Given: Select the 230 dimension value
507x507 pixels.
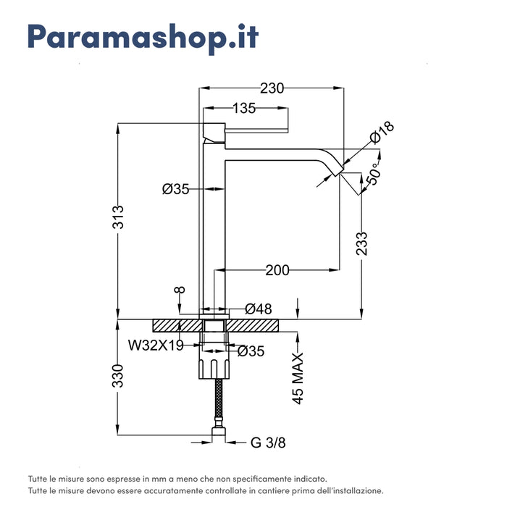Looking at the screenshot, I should coord(272,88).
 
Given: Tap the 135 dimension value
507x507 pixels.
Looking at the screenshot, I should coord(244,109).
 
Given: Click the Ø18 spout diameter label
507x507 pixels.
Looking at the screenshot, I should coord(381,133).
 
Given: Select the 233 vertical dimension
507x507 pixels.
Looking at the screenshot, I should coord(362,243).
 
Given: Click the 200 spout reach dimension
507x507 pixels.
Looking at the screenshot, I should coord(277,270).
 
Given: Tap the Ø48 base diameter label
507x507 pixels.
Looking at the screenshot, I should coord(259,309).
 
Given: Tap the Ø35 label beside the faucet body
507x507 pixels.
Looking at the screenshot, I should coord(176,189).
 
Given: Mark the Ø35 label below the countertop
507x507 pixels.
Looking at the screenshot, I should coord(251,351).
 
